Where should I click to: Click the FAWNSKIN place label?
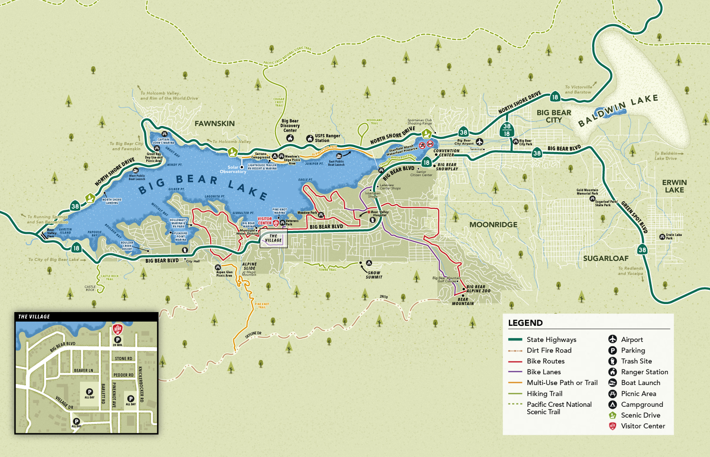[x=214, y=124]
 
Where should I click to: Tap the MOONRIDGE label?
[x=493, y=225]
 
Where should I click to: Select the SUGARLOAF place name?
[x=605, y=259]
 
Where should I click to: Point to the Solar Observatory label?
[x=232, y=170]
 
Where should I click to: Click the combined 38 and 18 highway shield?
[x=506, y=130]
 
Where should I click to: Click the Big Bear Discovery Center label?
[x=290, y=125]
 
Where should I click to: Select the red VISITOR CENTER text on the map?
[x=265, y=221]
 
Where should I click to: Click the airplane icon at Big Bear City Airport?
[x=479, y=142]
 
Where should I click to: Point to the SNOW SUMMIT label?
[x=374, y=275]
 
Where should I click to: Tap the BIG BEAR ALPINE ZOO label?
[x=478, y=289]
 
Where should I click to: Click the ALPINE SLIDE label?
[x=249, y=266]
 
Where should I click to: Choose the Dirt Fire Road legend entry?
[x=549, y=350]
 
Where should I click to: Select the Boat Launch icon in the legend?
[x=612, y=383]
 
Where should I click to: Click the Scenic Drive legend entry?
[x=640, y=415]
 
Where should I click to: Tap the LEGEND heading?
[x=525, y=323]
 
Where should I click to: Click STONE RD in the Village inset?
[x=124, y=358]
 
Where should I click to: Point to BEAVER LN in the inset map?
[x=83, y=370]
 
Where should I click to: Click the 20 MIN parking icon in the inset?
[x=118, y=340]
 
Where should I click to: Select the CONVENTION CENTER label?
[x=446, y=153]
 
